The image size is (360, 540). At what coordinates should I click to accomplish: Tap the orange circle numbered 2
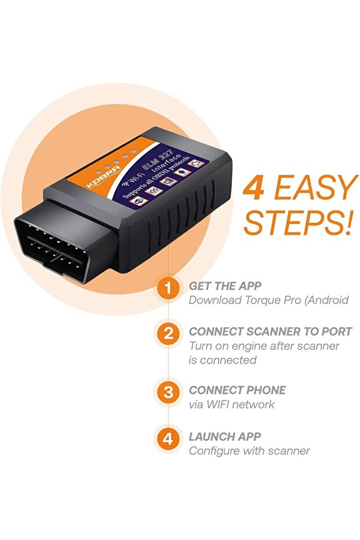168,334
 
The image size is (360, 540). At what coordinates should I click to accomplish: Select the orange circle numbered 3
168,392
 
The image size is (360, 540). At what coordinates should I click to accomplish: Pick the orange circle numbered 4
168,438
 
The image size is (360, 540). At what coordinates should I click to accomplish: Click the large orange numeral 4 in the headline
254,189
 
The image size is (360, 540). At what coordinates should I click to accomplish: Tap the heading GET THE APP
225,286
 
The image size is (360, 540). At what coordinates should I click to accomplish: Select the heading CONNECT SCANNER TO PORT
270,332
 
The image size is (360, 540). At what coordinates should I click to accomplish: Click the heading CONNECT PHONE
237,390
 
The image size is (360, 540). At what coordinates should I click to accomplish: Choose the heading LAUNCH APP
225,436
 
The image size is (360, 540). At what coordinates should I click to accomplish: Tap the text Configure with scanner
249,451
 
